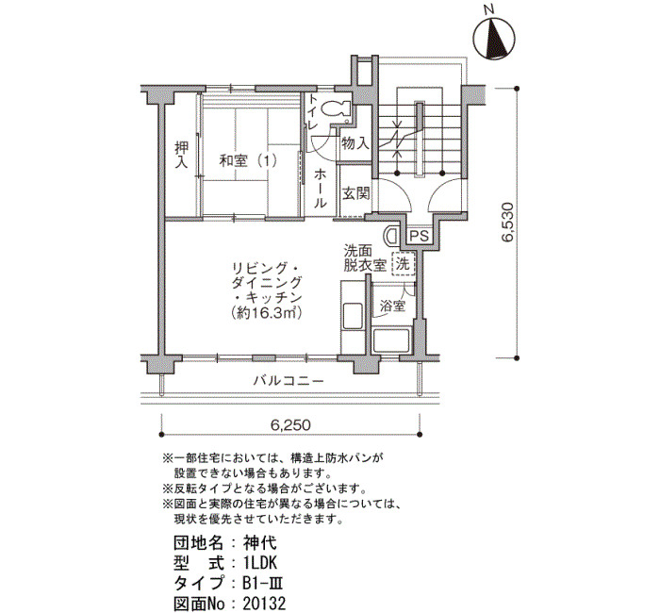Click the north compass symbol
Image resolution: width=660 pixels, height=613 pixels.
pos(494,37)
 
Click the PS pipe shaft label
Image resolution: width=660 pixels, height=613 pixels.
pos(420,236)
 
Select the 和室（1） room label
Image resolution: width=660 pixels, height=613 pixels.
pos(247,160)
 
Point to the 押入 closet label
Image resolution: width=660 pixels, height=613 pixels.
pos(182,155)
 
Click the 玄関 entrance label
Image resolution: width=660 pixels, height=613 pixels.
pos(355,193)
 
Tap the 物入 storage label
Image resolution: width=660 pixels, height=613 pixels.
pos(355,144)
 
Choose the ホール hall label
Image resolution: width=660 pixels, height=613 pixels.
pos(320,188)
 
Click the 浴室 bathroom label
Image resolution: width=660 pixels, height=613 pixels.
pos(392,306)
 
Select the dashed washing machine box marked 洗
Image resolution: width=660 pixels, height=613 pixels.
pos(404,264)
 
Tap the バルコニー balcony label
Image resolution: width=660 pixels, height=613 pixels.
pos(289,381)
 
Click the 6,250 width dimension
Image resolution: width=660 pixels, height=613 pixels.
pos(290,424)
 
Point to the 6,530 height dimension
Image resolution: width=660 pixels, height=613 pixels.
pos(508,223)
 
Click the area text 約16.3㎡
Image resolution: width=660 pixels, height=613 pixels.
pos(266,313)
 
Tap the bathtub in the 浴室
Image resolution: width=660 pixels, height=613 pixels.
pos(391,340)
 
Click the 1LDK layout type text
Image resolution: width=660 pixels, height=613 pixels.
pos(259,562)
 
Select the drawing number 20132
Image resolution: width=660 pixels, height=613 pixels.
pos(264,603)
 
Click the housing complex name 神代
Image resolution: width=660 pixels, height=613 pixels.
pos(259,542)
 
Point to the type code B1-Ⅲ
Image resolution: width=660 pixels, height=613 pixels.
pos(262,583)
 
